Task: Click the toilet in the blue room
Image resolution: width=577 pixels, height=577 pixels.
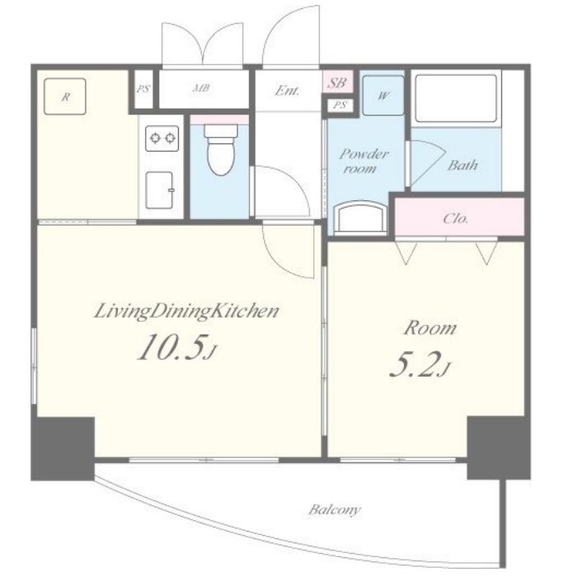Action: pyautogui.click(x=220, y=150)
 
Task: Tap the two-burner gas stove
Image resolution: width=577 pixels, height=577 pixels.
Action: pyautogui.click(x=162, y=138)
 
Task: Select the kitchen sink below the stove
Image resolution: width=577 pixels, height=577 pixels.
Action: pyautogui.click(x=160, y=190)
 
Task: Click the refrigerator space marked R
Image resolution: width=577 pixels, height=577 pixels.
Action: pyautogui.click(x=65, y=96)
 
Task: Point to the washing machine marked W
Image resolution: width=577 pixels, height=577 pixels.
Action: pyautogui.click(x=383, y=96)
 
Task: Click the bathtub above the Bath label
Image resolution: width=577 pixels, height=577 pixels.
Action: pyautogui.click(x=456, y=98)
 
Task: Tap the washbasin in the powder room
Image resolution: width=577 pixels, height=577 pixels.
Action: pyautogui.click(x=361, y=217)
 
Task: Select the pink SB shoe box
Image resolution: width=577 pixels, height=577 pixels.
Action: pyautogui.click(x=338, y=82)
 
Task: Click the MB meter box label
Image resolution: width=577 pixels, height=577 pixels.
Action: pyautogui.click(x=201, y=88)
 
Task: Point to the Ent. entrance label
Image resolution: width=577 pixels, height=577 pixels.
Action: pyautogui.click(x=287, y=90)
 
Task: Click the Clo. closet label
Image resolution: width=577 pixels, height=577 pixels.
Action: pyautogui.click(x=456, y=218)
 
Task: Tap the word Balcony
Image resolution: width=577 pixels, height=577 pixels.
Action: pyautogui.click(x=335, y=510)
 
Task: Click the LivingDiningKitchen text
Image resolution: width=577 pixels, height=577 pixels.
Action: pyautogui.click(x=186, y=312)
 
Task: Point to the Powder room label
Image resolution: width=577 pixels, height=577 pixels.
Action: pyautogui.click(x=364, y=161)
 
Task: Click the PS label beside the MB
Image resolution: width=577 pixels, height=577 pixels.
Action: pyautogui.click(x=143, y=89)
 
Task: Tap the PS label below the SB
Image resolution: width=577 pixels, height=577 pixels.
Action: pyautogui.click(x=340, y=106)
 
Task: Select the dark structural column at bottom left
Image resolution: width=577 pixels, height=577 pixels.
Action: pyautogui.click(x=63, y=448)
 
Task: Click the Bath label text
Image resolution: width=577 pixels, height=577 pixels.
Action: pyautogui.click(x=462, y=165)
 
